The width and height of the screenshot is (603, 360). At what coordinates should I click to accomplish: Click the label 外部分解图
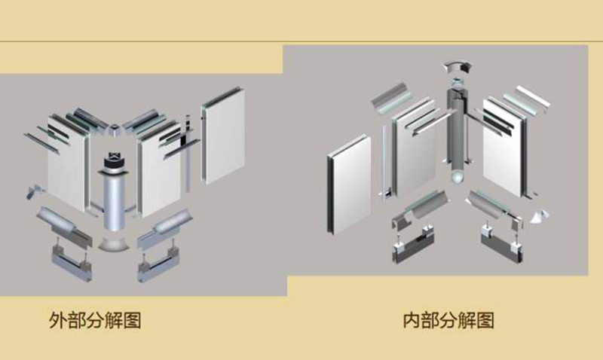pyautogui.click(x=95, y=320)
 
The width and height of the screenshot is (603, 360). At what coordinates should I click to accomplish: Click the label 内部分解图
pyautogui.click(x=448, y=320)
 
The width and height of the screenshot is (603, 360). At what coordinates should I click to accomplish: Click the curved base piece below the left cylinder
pyautogui.click(x=115, y=246)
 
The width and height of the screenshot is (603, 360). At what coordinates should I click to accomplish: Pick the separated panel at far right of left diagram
pyautogui.click(x=225, y=136)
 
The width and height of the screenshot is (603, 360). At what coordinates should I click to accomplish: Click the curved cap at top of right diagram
pyautogui.click(x=456, y=68)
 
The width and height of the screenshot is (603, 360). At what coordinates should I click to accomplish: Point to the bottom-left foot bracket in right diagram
pyautogui.click(x=412, y=245)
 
